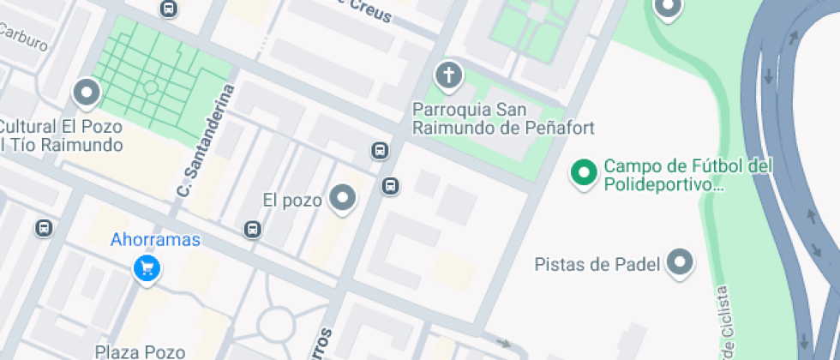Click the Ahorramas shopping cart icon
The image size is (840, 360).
(147, 268)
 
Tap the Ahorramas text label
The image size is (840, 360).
(155, 240)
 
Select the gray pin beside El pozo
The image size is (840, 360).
(344, 199)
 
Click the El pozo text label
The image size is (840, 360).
(292, 201)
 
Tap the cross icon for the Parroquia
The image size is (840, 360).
(447, 76)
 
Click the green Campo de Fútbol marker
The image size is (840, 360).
(585, 173)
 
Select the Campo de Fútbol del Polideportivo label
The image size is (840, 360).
(688, 174)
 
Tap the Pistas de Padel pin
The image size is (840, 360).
(681, 262)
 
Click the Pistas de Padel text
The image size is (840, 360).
(597, 264)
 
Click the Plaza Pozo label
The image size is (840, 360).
(140, 351)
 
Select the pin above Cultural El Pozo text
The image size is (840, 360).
(86, 93)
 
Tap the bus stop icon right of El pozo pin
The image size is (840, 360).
(390, 185)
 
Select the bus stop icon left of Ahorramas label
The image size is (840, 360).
(44, 228)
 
